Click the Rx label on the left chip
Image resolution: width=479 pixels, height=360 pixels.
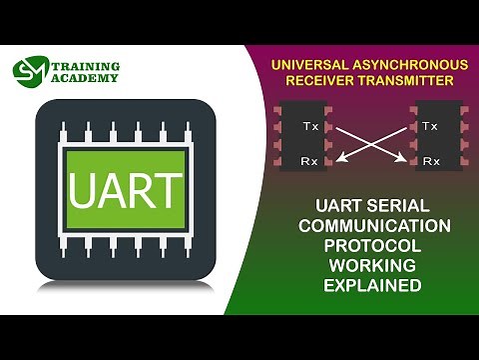310,160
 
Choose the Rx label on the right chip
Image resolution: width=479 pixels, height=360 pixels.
431,160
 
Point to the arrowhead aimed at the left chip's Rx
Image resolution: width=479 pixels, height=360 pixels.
338,157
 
